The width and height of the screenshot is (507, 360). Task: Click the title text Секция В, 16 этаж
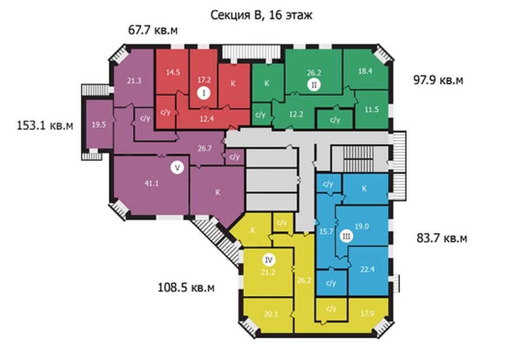pyautogui.click(x=261, y=15)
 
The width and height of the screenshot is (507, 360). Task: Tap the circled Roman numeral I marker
pyautogui.click(x=204, y=94)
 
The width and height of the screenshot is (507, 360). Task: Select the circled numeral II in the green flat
pyautogui.click(x=314, y=85)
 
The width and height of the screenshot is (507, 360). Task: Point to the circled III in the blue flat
pyautogui.click(x=346, y=237)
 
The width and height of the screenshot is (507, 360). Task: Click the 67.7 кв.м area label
pyautogui.click(x=153, y=30)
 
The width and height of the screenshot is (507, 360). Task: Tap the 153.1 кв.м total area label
pyautogui.click(x=45, y=125)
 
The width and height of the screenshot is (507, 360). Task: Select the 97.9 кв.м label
pyautogui.click(x=438, y=79)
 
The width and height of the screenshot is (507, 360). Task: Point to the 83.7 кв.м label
pyautogui.click(x=442, y=238)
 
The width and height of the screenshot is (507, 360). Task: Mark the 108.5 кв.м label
pyautogui.click(x=186, y=287)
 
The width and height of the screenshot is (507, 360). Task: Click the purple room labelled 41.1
pyautogui.click(x=151, y=185)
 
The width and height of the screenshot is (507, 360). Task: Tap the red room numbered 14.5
pyautogui.click(x=172, y=72)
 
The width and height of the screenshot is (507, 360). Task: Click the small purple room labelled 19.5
pyautogui.click(x=99, y=125)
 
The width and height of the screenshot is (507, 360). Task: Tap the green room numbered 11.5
pyautogui.click(x=372, y=109)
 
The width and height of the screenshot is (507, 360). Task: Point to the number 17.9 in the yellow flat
pyautogui.click(x=367, y=313)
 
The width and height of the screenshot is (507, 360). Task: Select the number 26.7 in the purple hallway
pyautogui.click(x=204, y=149)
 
